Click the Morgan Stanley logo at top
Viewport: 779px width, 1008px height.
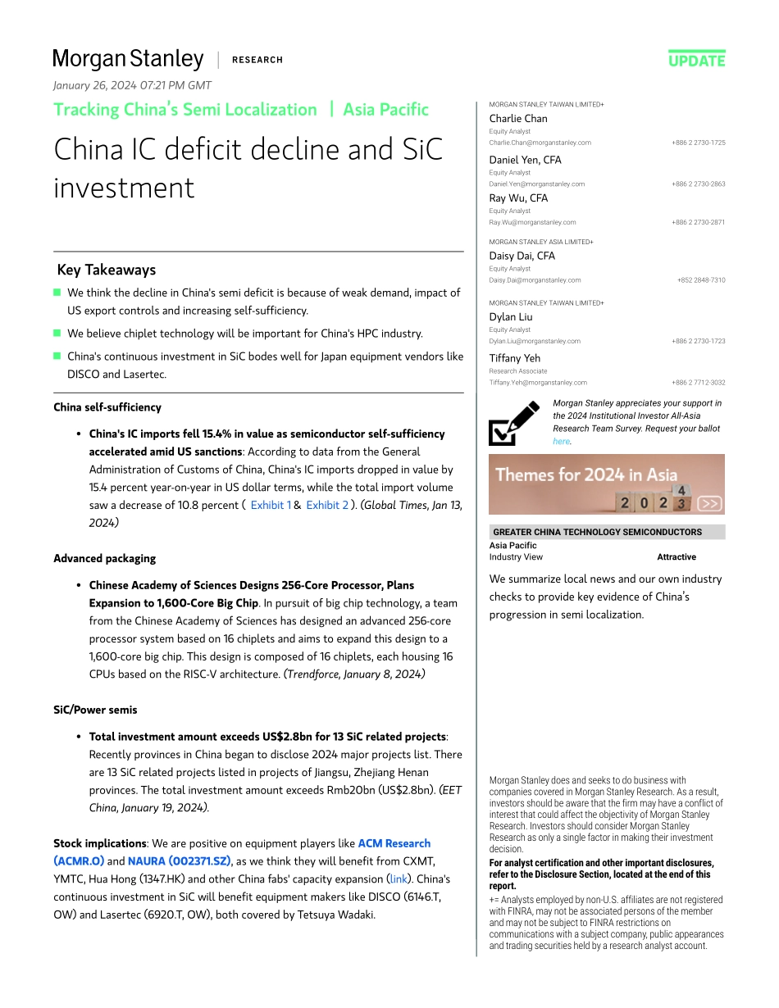click(x=128, y=59)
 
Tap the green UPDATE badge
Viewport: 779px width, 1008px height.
click(x=696, y=60)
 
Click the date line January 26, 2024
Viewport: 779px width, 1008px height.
click(x=132, y=85)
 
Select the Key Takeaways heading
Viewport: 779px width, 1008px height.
click(x=107, y=270)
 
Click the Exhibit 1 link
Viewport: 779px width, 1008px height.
click(x=271, y=505)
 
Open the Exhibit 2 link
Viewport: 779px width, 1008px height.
click(x=327, y=505)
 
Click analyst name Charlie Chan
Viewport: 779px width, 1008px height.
click(x=518, y=119)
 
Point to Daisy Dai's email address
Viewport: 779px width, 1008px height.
click(x=535, y=280)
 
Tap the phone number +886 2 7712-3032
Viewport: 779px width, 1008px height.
click(x=698, y=383)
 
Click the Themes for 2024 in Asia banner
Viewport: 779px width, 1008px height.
click(x=606, y=484)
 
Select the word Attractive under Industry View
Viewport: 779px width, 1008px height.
click(x=676, y=557)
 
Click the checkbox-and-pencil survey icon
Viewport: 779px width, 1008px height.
click(x=514, y=423)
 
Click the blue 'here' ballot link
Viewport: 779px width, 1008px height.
click(x=561, y=441)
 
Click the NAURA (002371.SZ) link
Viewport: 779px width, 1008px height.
click(x=179, y=861)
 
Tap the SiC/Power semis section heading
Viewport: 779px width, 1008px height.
click(x=95, y=710)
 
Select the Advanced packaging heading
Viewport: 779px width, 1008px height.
click(x=104, y=558)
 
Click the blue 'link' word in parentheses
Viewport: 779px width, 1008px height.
click(x=399, y=879)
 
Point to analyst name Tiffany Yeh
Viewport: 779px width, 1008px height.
click(x=515, y=358)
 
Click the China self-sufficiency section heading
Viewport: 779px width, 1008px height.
click(x=107, y=407)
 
